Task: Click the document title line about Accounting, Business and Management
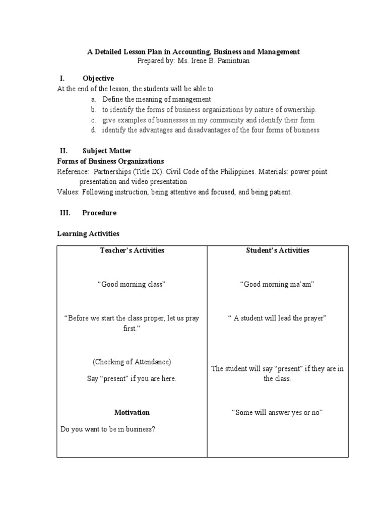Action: coord(193,51)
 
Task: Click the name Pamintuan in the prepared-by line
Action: coord(233,60)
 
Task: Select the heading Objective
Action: coord(98,78)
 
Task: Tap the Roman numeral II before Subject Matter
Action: coord(63,151)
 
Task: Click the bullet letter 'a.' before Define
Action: coord(94,99)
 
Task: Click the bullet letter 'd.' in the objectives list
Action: coord(94,130)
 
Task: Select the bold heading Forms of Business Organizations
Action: coord(110,161)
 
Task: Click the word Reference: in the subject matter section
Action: coord(73,171)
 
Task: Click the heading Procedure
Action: coord(99,213)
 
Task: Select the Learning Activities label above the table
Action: coord(88,234)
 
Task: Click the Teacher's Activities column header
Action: coord(132,250)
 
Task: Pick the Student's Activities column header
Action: coord(277,250)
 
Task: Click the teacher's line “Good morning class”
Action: coord(132,284)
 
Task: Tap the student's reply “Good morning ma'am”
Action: coord(277,284)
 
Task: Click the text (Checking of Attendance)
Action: coord(132,362)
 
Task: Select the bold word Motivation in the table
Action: coord(132,412)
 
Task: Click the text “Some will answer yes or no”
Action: coord(277,412)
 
